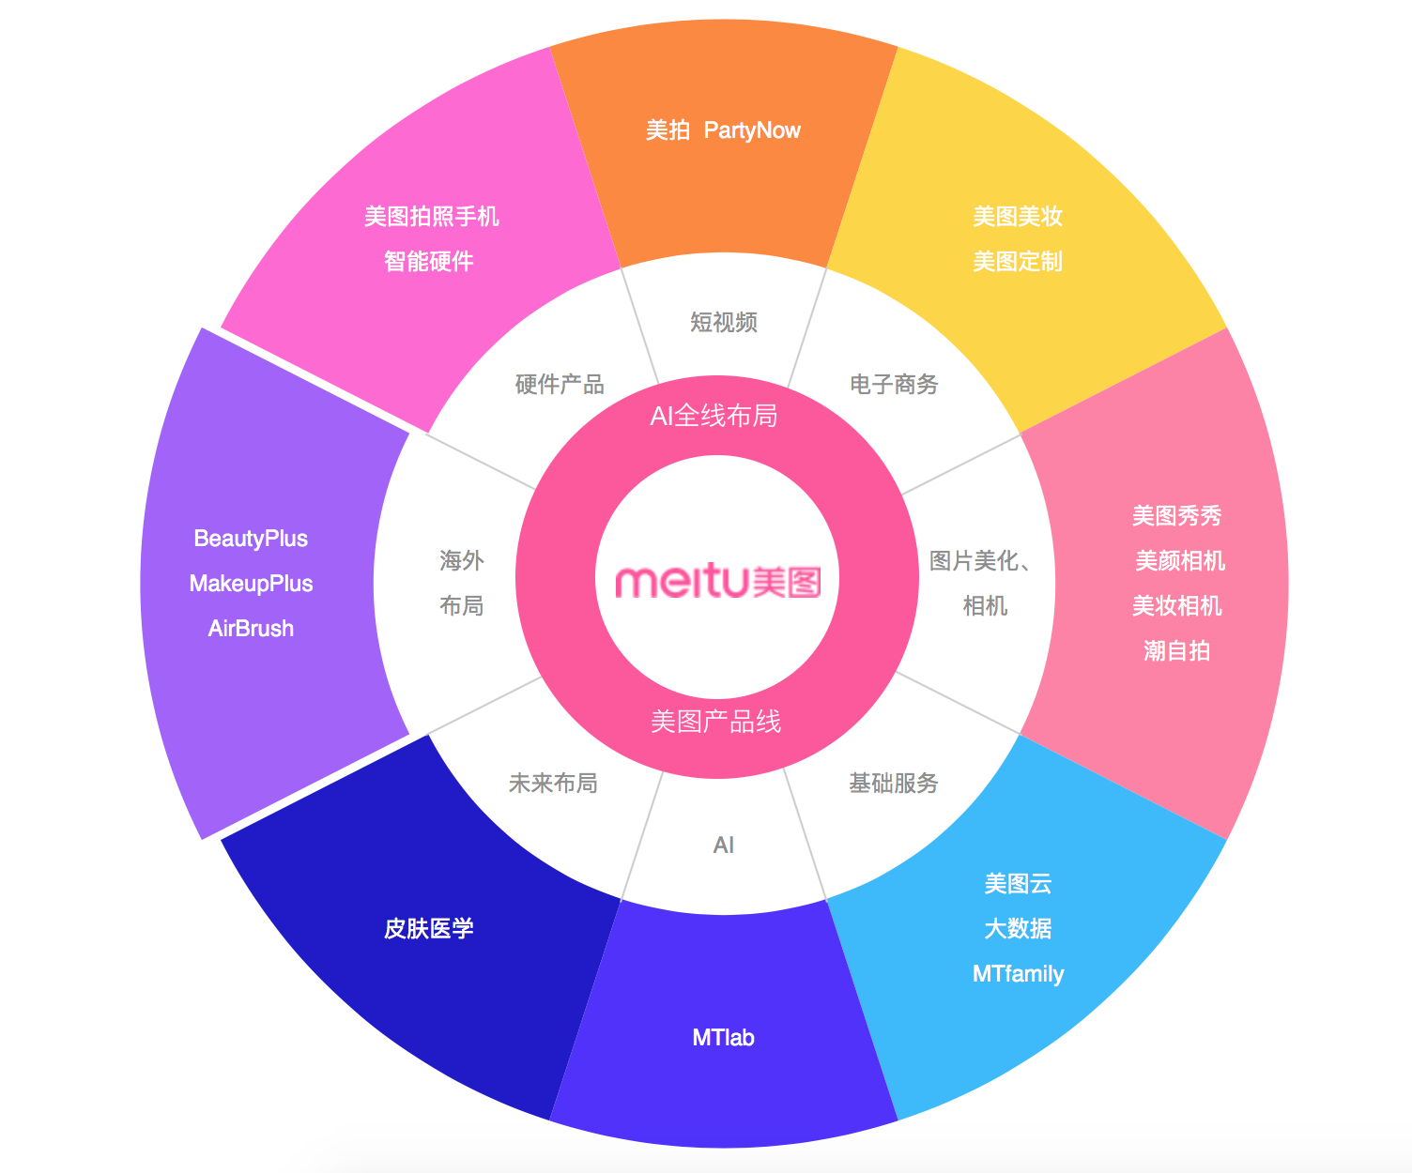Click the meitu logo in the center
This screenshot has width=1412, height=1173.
click(717, 582)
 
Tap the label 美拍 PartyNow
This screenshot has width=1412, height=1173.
click(723, 129)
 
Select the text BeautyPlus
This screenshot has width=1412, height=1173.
click(251, 539)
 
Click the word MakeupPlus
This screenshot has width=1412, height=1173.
click(251, 584)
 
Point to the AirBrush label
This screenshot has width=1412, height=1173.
click(251, 629)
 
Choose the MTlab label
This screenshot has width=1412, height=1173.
click(723, 1037)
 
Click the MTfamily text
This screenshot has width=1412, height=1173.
click(1018, 973)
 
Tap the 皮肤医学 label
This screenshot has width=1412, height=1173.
click(429, 928)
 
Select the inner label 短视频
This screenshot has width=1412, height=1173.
click(724, 322)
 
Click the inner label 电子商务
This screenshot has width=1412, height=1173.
click(894, 384)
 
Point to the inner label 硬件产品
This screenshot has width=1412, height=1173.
click(560, 384)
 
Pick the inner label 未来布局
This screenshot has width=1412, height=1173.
click(552, 783)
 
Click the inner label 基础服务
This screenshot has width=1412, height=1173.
click(894, 783)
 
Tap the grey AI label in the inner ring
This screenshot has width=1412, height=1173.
click(724, 845)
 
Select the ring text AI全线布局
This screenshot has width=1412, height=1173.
click(714, 416)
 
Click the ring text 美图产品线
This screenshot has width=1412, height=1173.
click(715, 722)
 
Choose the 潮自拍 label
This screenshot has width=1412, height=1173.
click(1176, 651)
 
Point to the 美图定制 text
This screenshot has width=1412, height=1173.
click(1018, 261)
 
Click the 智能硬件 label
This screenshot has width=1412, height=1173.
click(429, 261)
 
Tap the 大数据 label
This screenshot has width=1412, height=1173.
click(1018, 928)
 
